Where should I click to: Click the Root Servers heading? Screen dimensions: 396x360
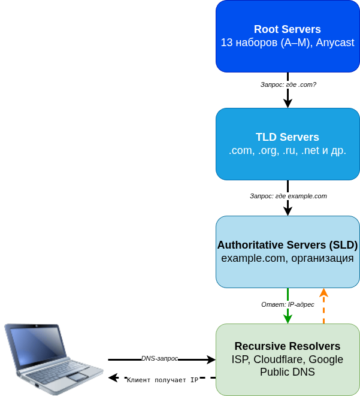(288, 29)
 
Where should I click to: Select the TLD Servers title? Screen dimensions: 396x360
(288, 137)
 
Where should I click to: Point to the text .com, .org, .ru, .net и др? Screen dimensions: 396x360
(288, 150)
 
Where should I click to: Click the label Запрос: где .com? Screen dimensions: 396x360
(288, 84)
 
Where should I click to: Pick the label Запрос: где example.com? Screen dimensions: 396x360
(288, 196)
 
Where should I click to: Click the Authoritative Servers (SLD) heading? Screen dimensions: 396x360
(288, 245)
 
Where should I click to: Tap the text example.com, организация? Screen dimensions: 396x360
(288, 258)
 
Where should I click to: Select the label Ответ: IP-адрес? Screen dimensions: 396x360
(288, 304)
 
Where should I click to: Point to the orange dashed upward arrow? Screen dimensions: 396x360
(323, 306)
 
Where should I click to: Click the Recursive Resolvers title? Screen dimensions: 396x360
(288, 346)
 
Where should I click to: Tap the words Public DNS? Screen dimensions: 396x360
(288, 372)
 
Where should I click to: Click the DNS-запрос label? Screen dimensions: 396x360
(159, 358)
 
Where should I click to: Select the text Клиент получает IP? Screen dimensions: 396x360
(162, 380)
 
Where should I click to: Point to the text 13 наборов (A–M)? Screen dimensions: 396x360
(265, 43)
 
